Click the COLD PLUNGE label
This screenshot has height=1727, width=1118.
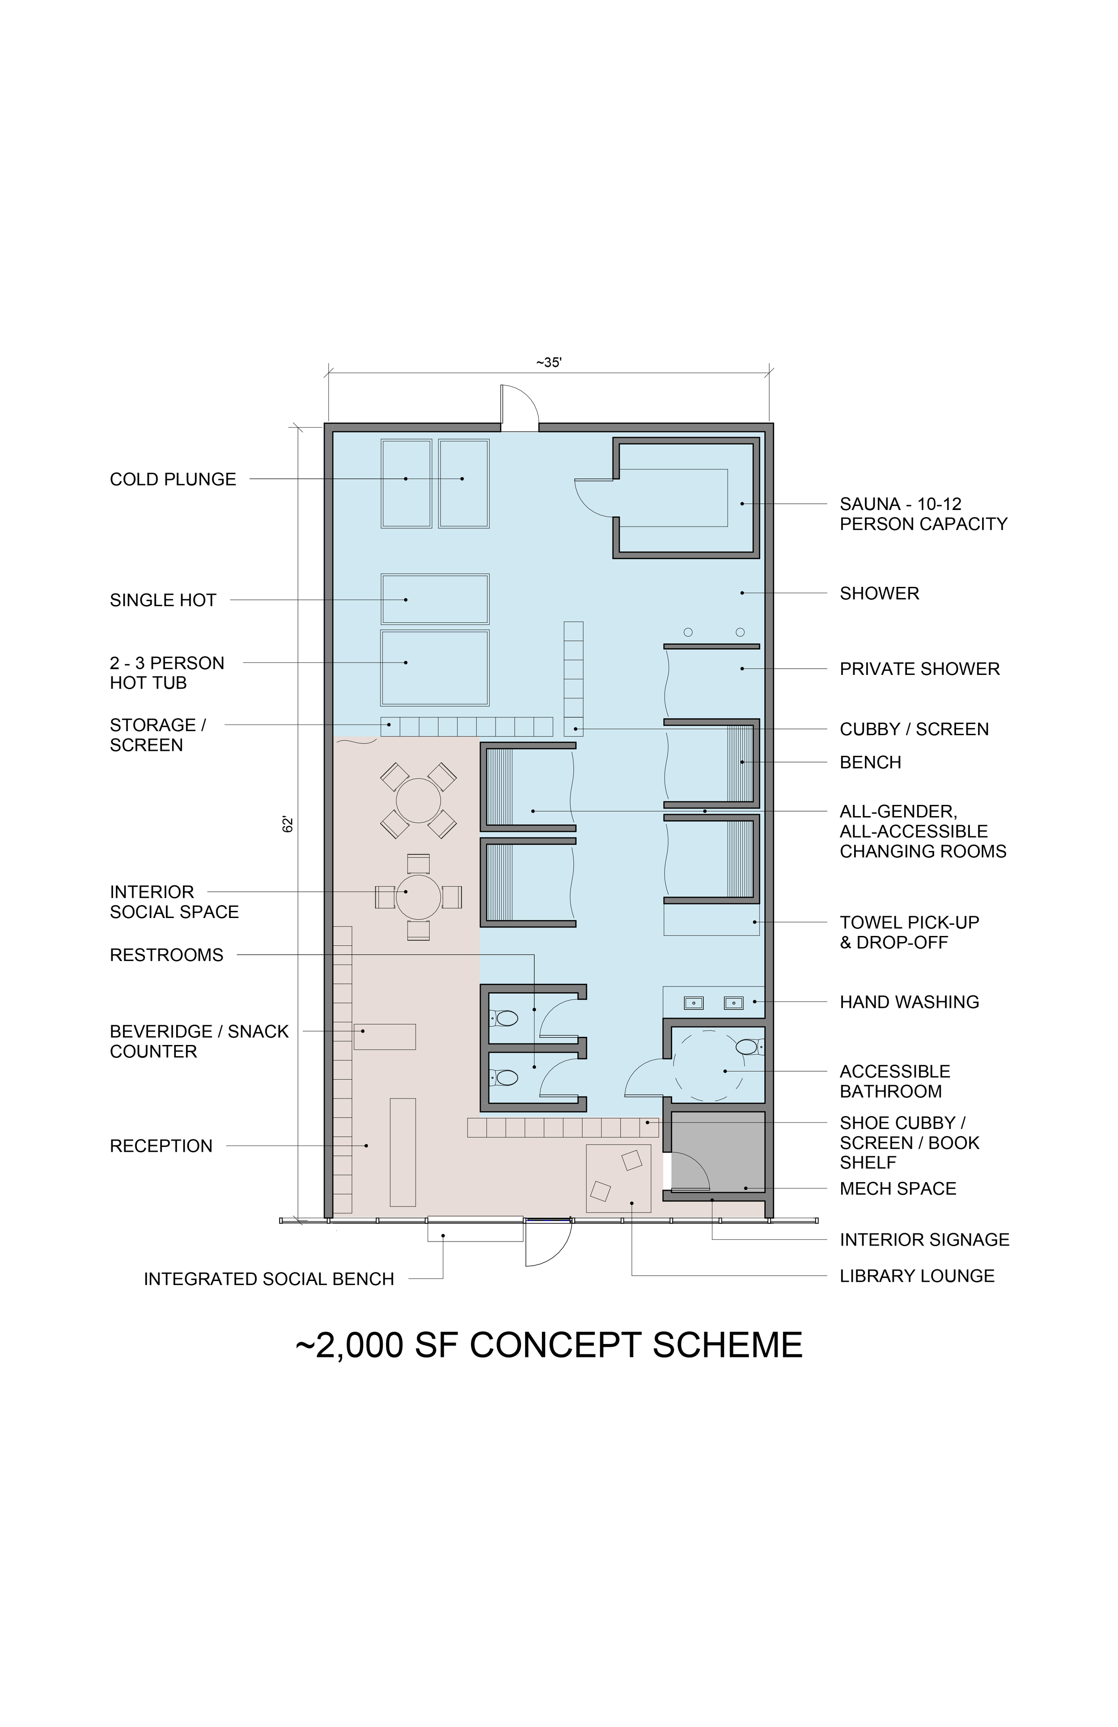173,480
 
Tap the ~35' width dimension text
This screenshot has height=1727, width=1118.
549,362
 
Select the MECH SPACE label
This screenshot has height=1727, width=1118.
898,1188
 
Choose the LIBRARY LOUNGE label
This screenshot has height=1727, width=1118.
917,1276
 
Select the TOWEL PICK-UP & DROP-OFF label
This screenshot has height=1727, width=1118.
910,932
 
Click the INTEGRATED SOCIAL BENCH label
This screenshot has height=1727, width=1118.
269,1279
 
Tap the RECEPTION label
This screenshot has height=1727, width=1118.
161,1146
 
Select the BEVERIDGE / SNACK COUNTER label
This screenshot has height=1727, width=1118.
199,1041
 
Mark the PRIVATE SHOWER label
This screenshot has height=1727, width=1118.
920,669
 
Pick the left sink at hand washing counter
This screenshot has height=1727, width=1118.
693,1003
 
